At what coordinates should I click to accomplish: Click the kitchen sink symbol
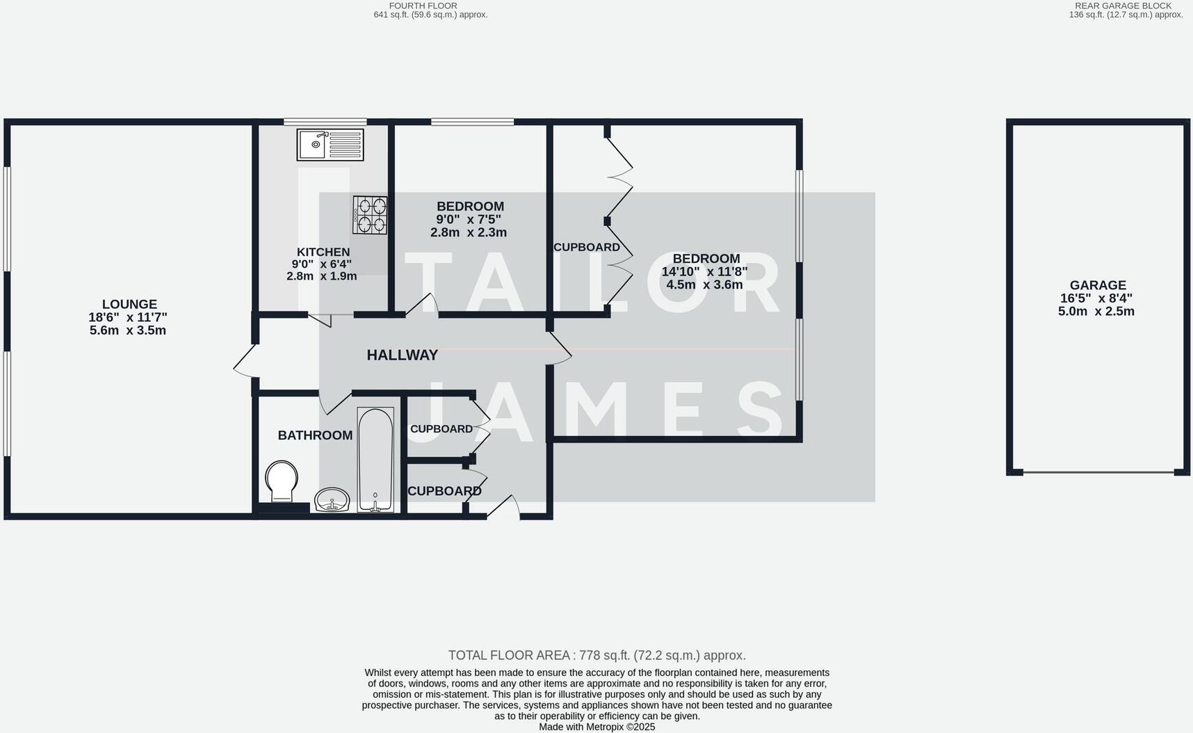[330, 145]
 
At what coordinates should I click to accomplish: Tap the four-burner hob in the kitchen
[370, 215]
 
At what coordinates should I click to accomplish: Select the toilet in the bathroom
[282, 480]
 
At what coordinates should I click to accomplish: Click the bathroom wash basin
[332, 499]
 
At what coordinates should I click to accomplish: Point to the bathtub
[375, 459]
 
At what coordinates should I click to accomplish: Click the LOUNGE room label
[129, 305]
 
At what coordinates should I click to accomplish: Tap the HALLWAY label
[402, 355]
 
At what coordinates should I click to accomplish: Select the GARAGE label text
[1098, 285]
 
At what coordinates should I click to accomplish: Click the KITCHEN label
[323, 252]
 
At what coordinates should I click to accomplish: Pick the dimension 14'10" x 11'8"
[704, 272]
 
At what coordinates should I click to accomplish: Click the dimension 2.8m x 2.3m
[468, 233]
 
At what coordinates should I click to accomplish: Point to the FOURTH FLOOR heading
[423, 6]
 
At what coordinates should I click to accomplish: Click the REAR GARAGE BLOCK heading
[1123, 6]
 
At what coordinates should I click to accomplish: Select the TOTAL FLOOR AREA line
[596, 655]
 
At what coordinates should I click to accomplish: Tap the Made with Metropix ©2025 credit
[596, 727]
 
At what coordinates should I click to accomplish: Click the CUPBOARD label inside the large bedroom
[586, 248]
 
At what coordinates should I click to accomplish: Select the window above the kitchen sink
[325, 122]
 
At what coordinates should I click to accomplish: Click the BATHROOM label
[315, 435]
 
